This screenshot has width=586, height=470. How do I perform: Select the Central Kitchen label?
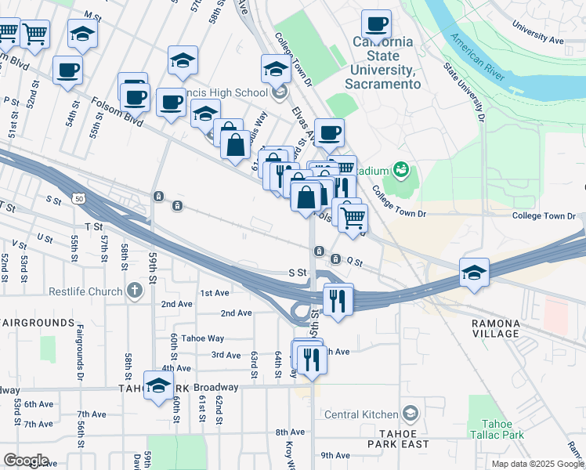363,414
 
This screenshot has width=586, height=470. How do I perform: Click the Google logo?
26,461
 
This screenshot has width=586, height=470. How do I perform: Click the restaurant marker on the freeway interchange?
338,299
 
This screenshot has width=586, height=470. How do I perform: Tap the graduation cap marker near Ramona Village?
474,273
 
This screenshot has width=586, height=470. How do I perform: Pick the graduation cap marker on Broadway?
158,386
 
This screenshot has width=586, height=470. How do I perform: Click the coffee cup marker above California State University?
376,25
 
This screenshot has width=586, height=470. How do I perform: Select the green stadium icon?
402,169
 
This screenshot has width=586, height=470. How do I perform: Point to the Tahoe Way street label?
204,338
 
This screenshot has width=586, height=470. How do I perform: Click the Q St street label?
356,262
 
